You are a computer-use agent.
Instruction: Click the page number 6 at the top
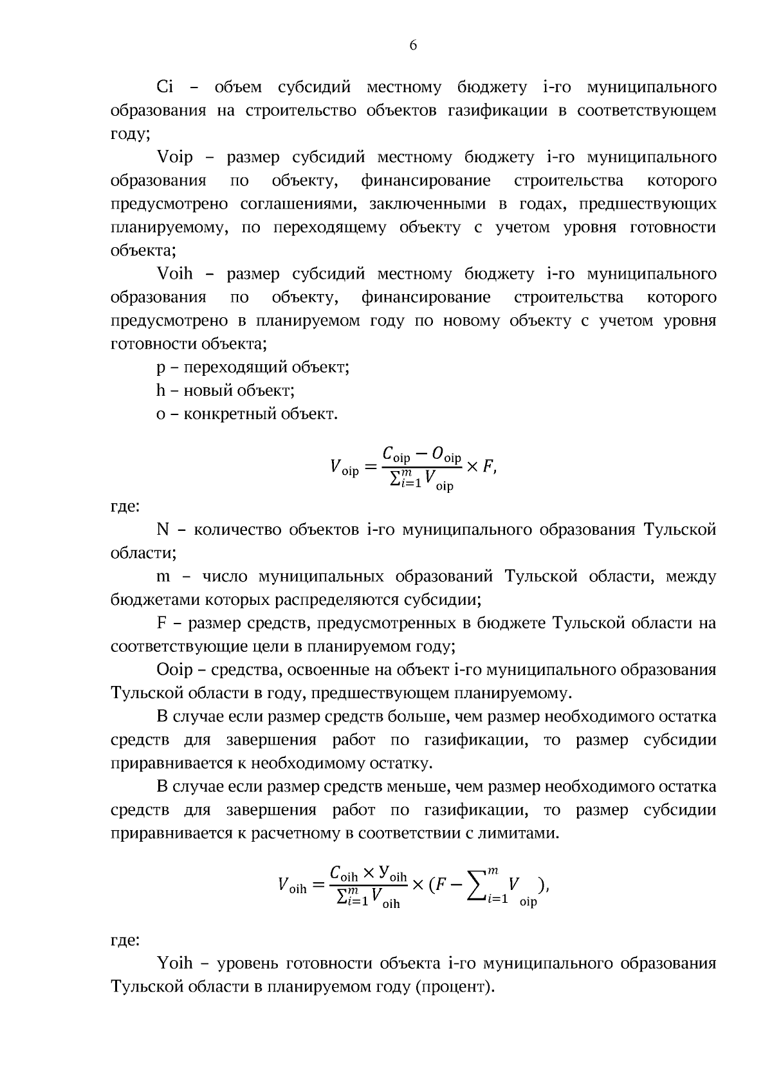pyautogui.click(x=413, y=45)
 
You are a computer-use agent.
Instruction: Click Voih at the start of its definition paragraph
pyautogui.click(x=174, y=274)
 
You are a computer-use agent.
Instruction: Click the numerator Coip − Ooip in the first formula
pyautogui.click(x=421, y=455)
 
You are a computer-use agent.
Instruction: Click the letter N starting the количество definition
pyautogui.click(x=163, y=530)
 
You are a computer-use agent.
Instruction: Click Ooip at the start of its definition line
pyautogui.click(x=174, y=670)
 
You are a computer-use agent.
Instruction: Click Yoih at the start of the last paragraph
pyautogui.click(x=174, y=963)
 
